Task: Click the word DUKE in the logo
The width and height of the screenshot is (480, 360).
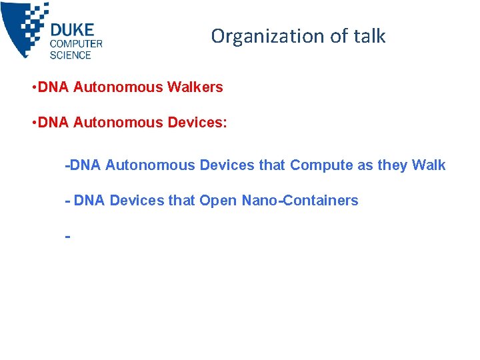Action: pos(72,30)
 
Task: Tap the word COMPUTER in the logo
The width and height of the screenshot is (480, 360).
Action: pos(76,44)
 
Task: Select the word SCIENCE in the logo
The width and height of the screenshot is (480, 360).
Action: pos(70,55)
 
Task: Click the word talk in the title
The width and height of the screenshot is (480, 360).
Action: pos(369,36)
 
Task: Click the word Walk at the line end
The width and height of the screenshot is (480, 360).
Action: pos(429,165)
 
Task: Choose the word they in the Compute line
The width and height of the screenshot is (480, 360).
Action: pos(392,165)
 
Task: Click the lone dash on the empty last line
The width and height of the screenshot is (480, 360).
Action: pos(67,235)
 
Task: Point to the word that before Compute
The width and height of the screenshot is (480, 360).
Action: pos(271,165)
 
